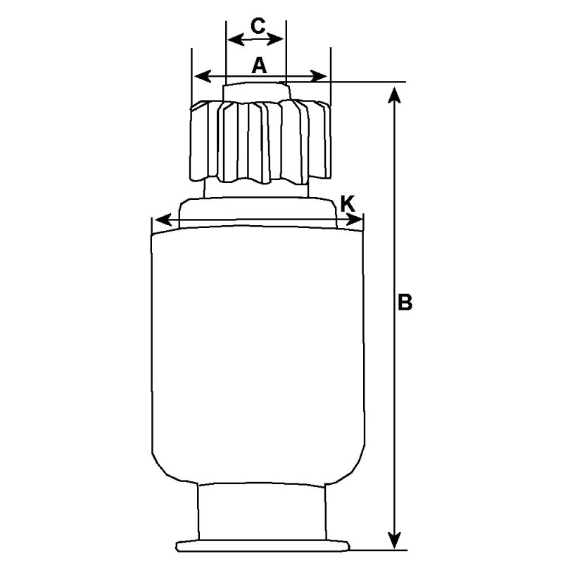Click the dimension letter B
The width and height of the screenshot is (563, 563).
pos(405,303)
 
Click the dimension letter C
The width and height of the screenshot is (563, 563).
pos(258,27)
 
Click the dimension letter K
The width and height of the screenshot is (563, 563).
pos(347,203)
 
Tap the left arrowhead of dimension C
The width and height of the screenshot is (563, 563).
pos(232,39)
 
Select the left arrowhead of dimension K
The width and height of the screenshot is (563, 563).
pos(159,221)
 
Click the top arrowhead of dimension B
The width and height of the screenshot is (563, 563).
pos(396,91)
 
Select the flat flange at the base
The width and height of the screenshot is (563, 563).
pos(262,545)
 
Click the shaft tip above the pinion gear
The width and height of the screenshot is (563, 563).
pos(255,91)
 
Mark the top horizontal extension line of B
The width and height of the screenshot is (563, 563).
pos(366,82)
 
